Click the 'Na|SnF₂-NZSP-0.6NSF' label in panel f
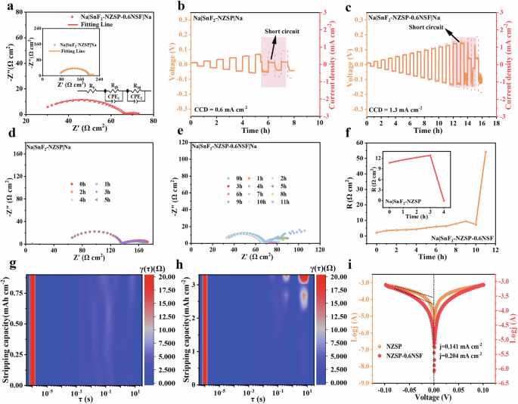click(x=467, y=239)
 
